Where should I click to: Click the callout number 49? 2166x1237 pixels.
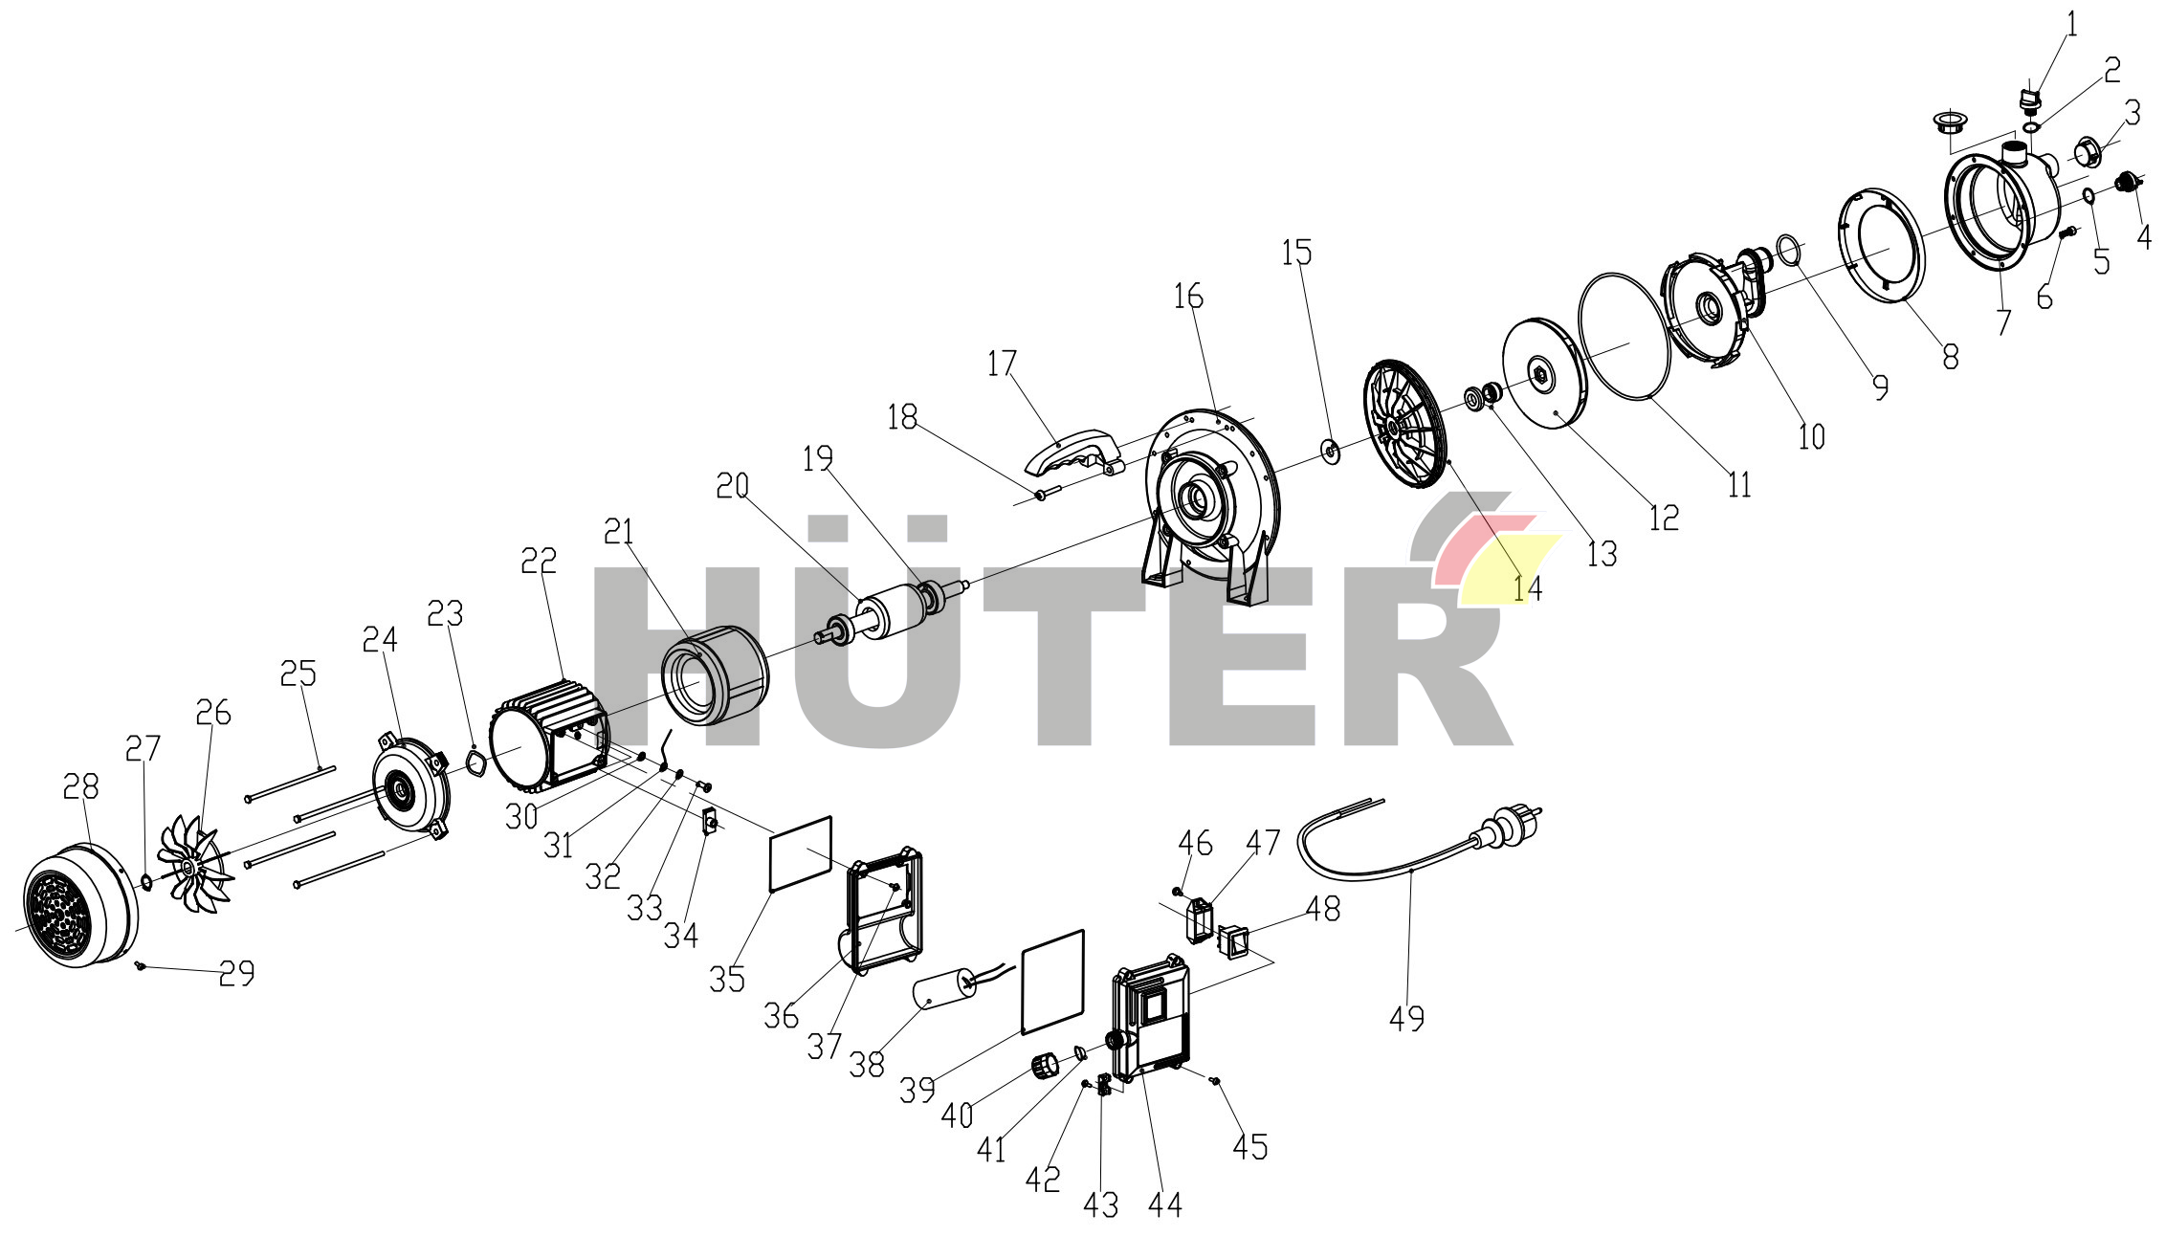point(1406,1018)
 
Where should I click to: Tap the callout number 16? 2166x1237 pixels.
point(1188,297)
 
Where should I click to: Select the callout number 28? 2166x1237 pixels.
point(80,786)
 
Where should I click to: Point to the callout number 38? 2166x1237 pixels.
point(867,1065)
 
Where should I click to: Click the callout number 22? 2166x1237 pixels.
point(539,561)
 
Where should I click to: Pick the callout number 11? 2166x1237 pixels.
point(1739,485)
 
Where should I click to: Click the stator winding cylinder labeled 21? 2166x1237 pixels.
point(716,675)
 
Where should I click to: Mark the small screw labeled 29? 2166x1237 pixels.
point(140,966)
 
